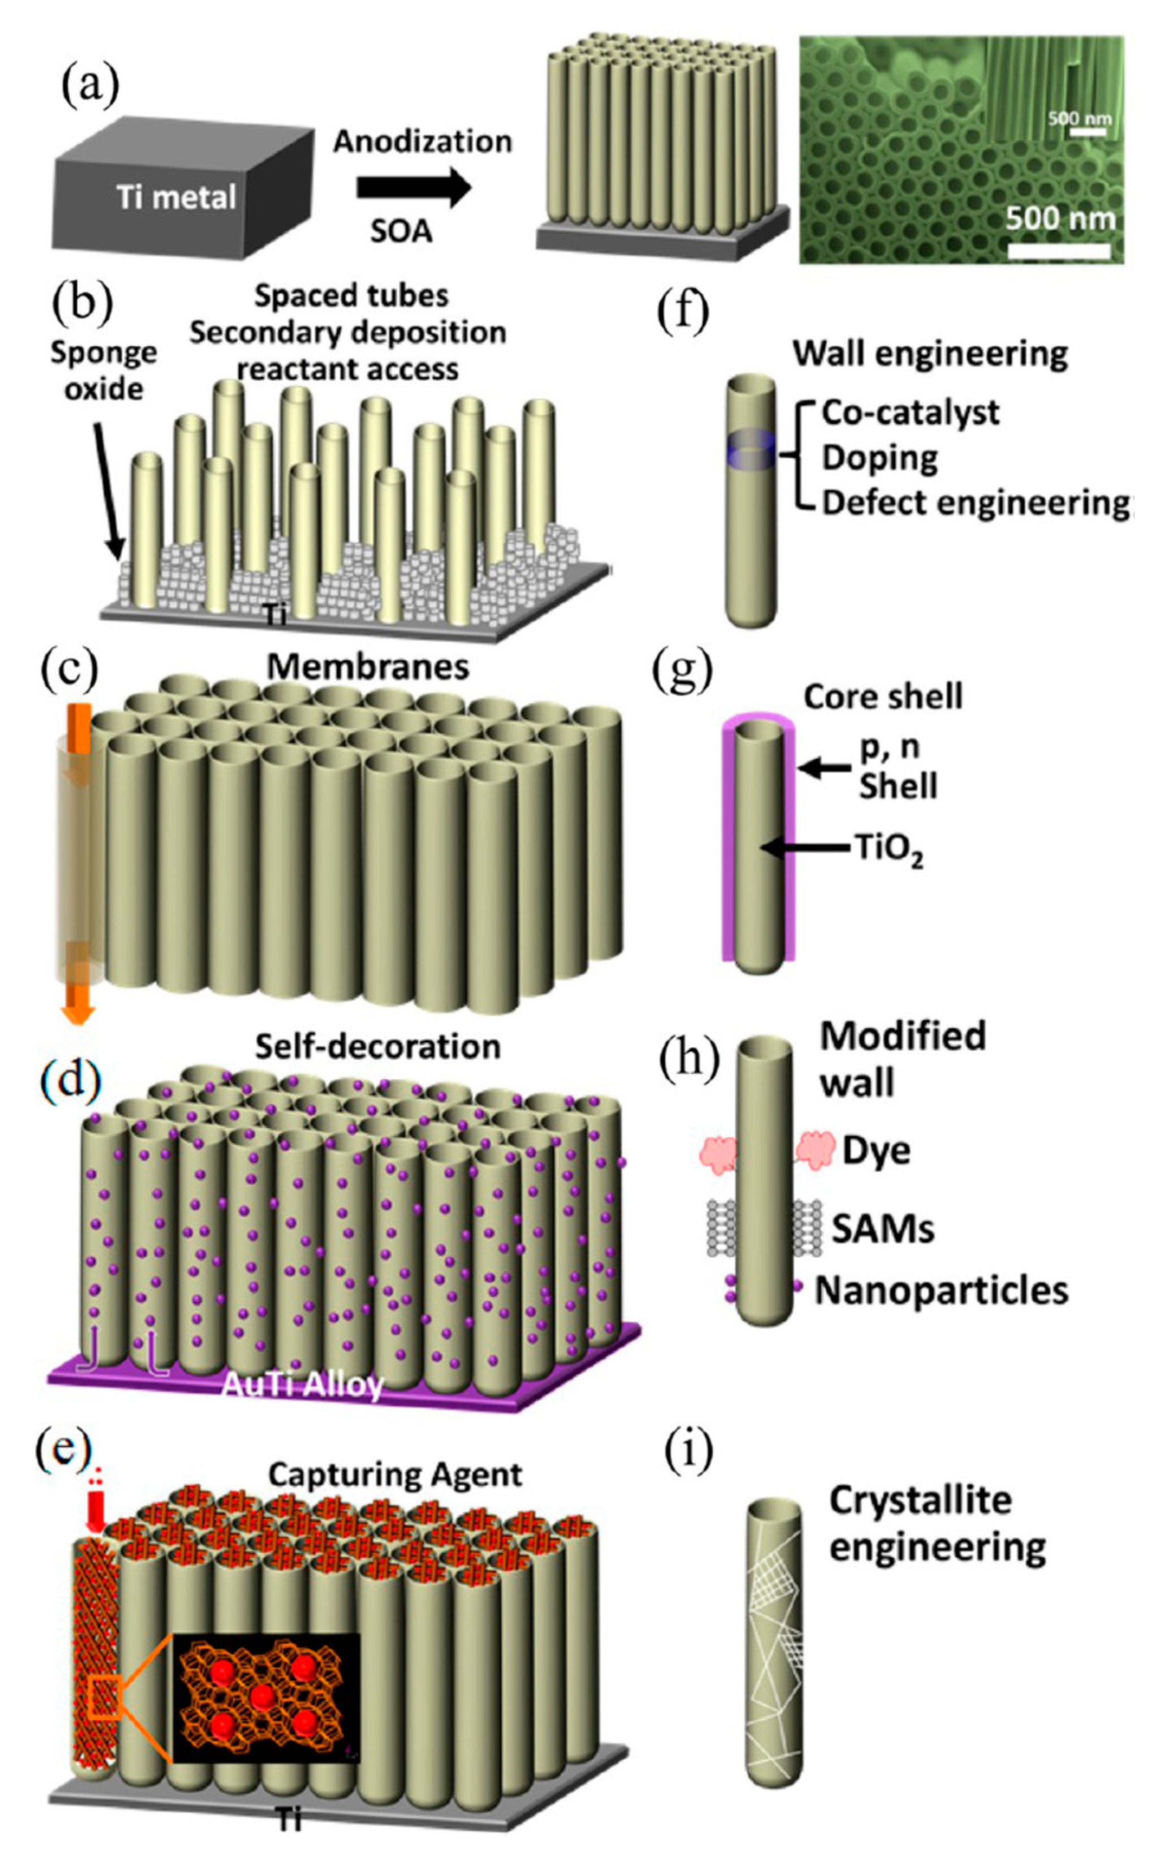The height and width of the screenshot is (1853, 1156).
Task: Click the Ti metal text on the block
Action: pyautogui.click(x=177, y=198)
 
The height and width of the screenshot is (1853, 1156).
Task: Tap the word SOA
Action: pyautogui.click(x=401, y=231)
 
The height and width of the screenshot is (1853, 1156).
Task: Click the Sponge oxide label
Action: pyautogui.click(x=103, y=372)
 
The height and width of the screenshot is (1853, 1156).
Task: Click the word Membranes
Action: pyautogui.click(x=368, y=667)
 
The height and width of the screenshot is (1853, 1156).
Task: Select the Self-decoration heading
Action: pyautogui.click(x=377, y=1047)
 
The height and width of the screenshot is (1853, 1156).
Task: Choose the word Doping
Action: pyautogui.click(x=880, y=458)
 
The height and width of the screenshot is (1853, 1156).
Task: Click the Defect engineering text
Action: pyautogui.click(x=975, y=503)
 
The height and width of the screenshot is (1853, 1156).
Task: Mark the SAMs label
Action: pyautogui.click(x=883, y=1229)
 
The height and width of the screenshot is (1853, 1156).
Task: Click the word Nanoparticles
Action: pyautogui.click(x=941, y=1291)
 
